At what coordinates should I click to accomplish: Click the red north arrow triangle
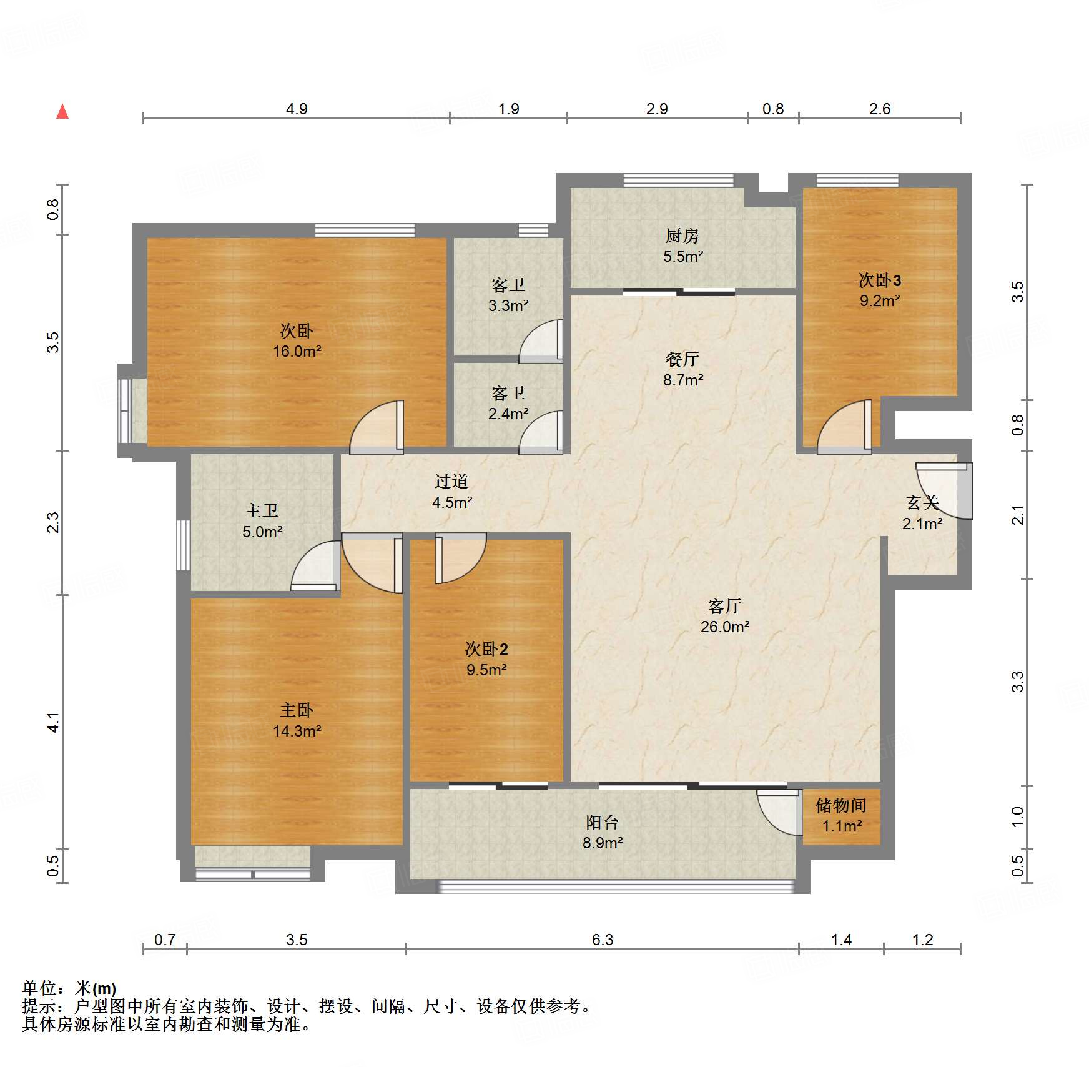click(x=62, y=112)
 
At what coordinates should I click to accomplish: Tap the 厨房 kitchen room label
click(x=682, y=236)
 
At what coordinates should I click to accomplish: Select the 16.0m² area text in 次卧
click(x=297, y=351)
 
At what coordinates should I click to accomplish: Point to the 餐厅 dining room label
click(x=682, y=360)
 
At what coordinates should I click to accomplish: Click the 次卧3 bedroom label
click(x=880, y=280)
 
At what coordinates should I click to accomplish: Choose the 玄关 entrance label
click(x=923, y=503)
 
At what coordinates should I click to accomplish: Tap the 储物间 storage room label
click(x=841, y=806)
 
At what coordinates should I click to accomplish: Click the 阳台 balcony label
click(x=603, y=823)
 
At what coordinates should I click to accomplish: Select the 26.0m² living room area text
click(x=725, y=627)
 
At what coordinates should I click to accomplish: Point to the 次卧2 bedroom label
click(x=486, y=649)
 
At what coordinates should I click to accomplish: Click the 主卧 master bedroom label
click(x=297, y=710)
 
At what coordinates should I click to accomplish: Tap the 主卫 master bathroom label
click(x=262, y=511)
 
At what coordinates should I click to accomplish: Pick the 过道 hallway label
click(x=451, y=482)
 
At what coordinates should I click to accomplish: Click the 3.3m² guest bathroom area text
click(x=508, y=305)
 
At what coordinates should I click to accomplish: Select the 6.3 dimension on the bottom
click(x=603, y=940)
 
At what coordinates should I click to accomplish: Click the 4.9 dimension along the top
click(x=297, y=109)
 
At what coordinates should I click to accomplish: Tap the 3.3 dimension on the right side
click(x=1018, y=682)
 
